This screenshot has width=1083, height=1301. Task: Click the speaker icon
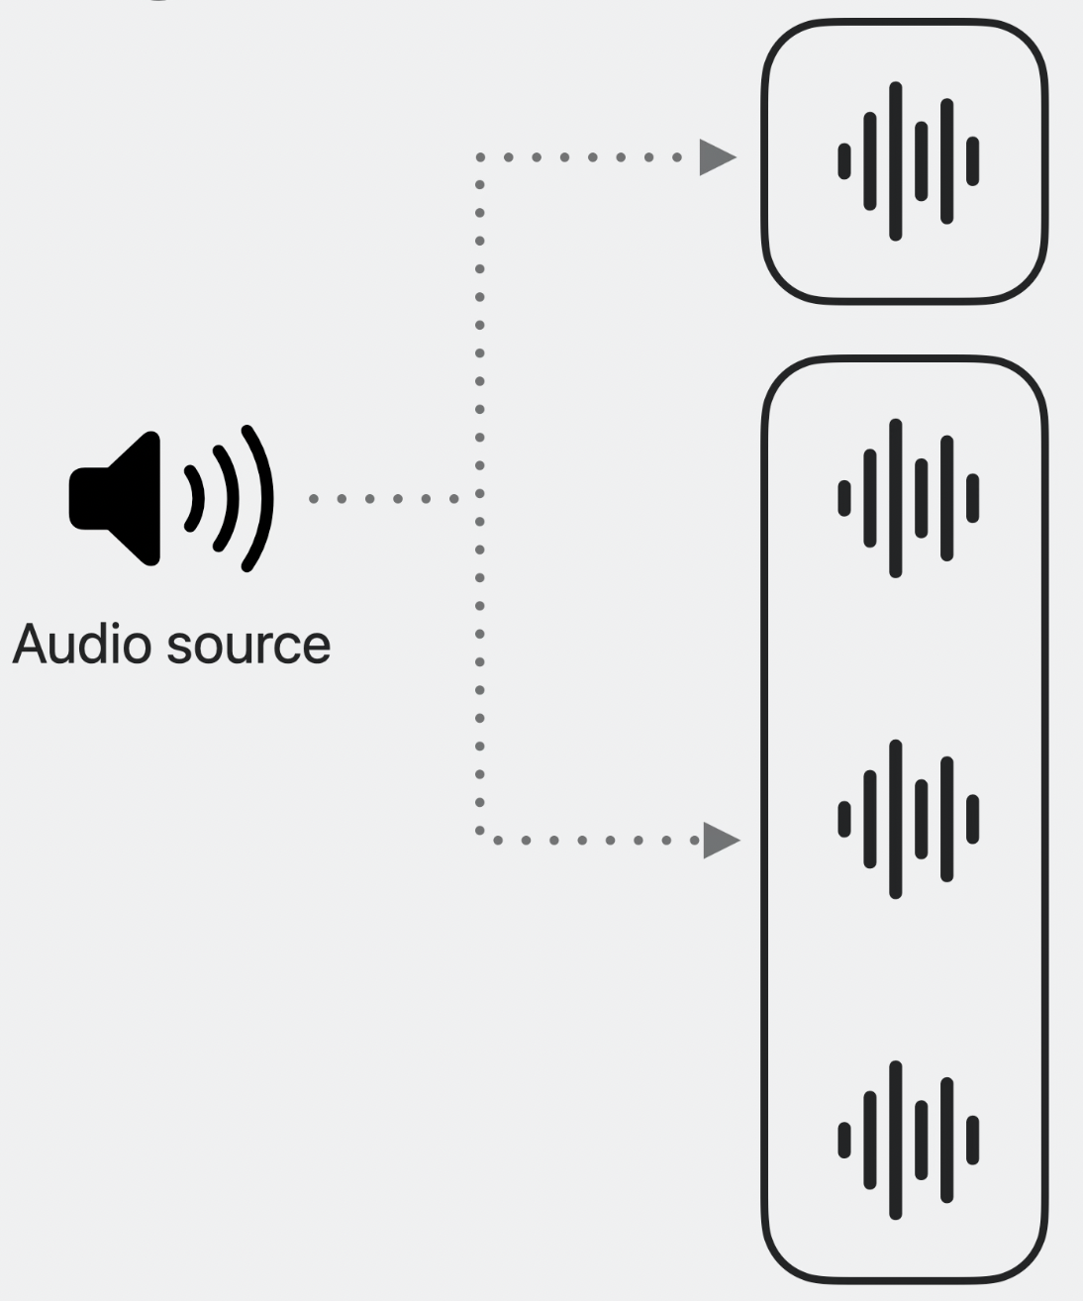pos(168,499)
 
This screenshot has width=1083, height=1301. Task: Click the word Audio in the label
pos(79,645)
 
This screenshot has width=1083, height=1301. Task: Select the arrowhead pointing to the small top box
pos(718,156)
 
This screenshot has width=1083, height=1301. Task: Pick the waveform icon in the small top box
pos(907,160)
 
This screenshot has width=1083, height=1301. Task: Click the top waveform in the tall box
pos(907,497)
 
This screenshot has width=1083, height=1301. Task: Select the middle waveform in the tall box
pos(907,818)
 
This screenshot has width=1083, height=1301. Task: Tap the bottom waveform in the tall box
pos(907,1140)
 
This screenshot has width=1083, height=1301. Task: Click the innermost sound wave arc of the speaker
pos(196,499)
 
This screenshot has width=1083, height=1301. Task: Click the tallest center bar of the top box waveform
pos(896,160)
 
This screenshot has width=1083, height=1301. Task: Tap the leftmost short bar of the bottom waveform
pos(844,1140)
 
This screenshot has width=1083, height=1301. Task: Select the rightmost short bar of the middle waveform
pos(972,818)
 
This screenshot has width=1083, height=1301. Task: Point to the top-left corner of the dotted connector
pos(480,156)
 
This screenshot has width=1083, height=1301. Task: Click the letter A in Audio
pos(30,645)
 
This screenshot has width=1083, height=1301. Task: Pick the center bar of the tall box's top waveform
pos(896,497)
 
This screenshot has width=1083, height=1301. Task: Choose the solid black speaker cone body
pos(119,499)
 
